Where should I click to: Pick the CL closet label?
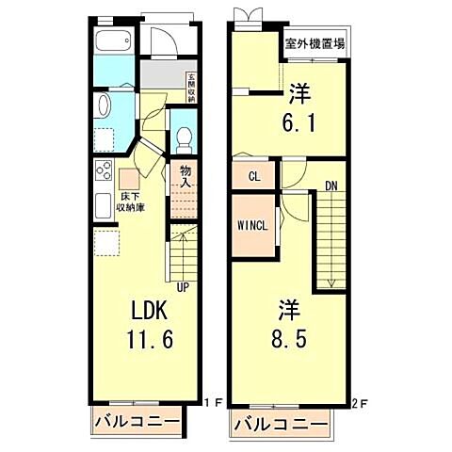coord(253,176)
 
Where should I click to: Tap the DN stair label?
coord(331,186)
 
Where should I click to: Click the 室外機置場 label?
coord(315,43)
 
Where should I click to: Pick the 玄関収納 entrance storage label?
coord(190,87)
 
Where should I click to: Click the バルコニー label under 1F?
coord(137,423)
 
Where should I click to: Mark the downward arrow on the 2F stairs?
coord(331,280)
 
